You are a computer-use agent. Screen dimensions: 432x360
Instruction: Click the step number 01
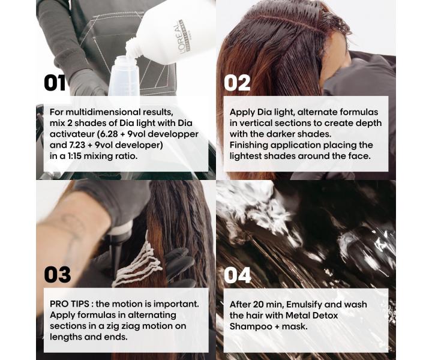coord(55,83)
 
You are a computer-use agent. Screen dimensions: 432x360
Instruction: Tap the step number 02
coord(237,83)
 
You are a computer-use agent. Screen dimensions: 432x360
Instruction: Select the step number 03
coord(58,275)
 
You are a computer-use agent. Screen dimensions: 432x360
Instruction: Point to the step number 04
coord(238,275)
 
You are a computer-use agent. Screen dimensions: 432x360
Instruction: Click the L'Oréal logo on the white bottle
coord(179,37)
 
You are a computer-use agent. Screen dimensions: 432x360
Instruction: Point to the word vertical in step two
coord(255,123)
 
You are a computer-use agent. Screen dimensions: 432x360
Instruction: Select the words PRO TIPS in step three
coord(70,304)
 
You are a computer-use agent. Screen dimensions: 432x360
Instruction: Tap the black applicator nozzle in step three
coord(115,253)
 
